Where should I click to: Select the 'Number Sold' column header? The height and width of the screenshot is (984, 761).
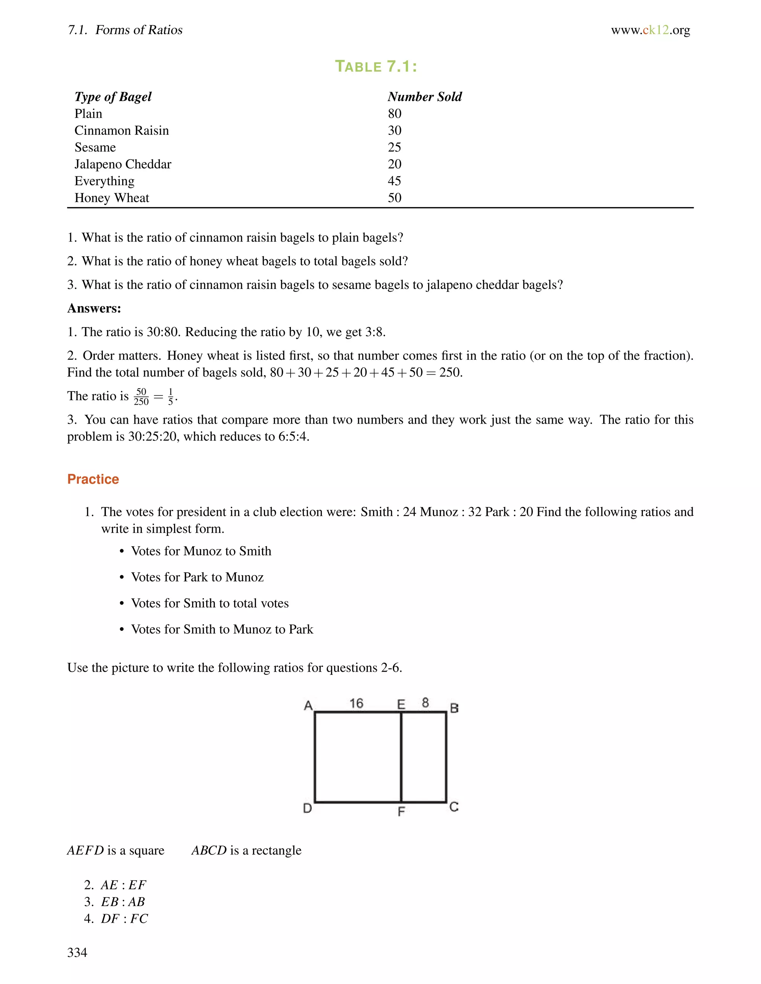(x=425, y=97)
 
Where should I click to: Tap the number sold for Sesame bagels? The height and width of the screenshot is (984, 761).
(x=395, y=147)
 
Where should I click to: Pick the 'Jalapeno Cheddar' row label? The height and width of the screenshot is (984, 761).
(x=123, y=164)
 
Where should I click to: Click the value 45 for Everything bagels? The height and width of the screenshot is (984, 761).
(x=395, y=181)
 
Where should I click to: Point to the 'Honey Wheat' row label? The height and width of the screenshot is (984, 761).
(x=112, y=198)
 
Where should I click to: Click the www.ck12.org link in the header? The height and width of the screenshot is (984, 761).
(x=650, y=30)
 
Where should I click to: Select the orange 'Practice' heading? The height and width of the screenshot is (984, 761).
(x=93, y=479)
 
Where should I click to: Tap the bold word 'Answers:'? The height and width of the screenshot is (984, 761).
(x=94, y=308)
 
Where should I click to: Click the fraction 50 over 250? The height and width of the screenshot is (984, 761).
(x=141, y=397)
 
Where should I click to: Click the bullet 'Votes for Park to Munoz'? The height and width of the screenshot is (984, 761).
(x=197, y=577)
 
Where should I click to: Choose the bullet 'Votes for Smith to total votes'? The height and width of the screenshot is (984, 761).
(x=210, y=603)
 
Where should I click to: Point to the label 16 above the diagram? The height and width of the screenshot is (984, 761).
(x=356, y=703)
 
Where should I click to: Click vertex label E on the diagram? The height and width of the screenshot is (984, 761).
(x=401, y=704)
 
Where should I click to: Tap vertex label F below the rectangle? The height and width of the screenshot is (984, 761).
(x=401, y=811)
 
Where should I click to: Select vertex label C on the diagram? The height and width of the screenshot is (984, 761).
(x=454, y=807)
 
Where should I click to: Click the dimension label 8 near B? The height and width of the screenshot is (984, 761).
(x=425, y=703)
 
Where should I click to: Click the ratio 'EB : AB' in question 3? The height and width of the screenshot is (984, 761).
(x=123, y=902)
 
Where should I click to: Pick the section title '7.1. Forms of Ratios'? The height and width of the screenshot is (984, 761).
(x=125, y=30)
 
